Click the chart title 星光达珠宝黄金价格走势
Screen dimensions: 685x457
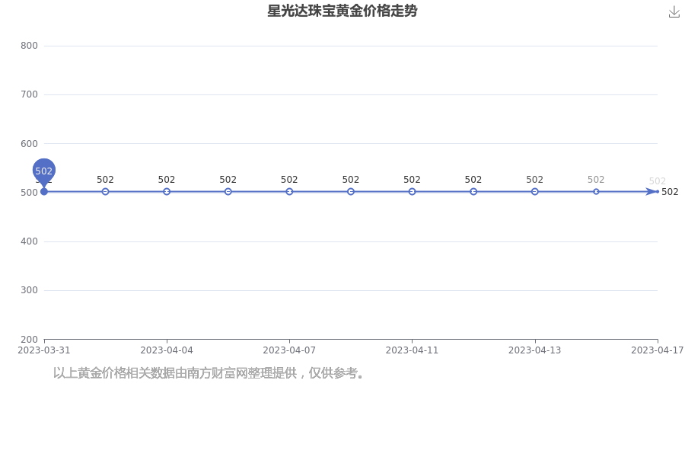coord(342,11)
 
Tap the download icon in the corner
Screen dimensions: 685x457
coord(674,12)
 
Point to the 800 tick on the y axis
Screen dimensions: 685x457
coord(29,46)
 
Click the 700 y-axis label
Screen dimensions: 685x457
coord(29,94)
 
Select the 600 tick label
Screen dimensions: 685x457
coord(29,143)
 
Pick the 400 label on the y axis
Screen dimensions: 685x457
coord(29,241)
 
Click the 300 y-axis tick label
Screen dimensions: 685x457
coord(29,290)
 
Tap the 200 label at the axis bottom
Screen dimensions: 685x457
coord(29,340)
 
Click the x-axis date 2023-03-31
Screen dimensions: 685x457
coord(43,350)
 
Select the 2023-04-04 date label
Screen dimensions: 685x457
coord(167,350)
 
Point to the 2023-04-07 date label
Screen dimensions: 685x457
coord(289,350)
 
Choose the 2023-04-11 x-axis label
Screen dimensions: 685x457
coord(412,350)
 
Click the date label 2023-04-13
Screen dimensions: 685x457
coord(535,350)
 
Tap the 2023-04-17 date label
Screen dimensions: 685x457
coord(658,350)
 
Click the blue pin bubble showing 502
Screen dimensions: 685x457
coord(43,171)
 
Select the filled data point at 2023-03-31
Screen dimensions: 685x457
coord(43,191)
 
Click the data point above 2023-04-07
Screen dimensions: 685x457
coord(289,191)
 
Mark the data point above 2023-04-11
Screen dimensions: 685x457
coord(412,191)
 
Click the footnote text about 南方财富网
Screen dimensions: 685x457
coord(209,373)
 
